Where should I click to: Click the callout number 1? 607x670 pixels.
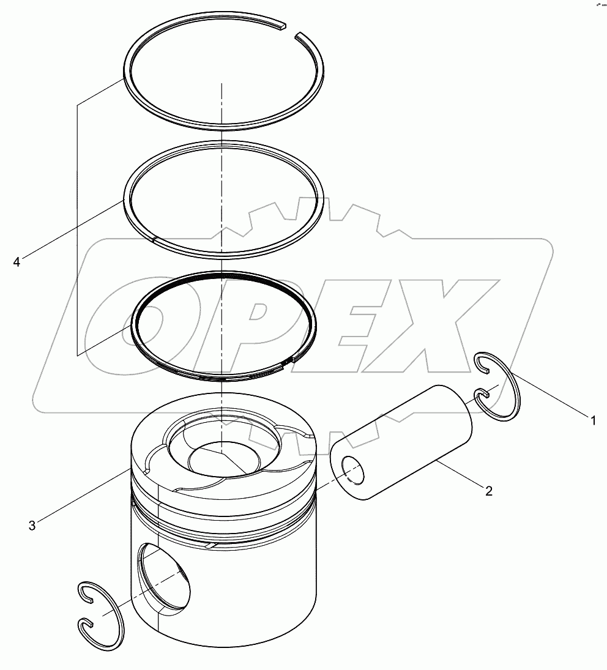[592, 420]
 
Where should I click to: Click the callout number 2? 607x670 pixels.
[488, 490]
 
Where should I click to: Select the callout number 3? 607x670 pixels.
[32, 524]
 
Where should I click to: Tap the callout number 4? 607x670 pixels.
[17, 262]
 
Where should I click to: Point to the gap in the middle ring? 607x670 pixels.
[155, 239]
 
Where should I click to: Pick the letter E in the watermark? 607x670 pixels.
[355, 324]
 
